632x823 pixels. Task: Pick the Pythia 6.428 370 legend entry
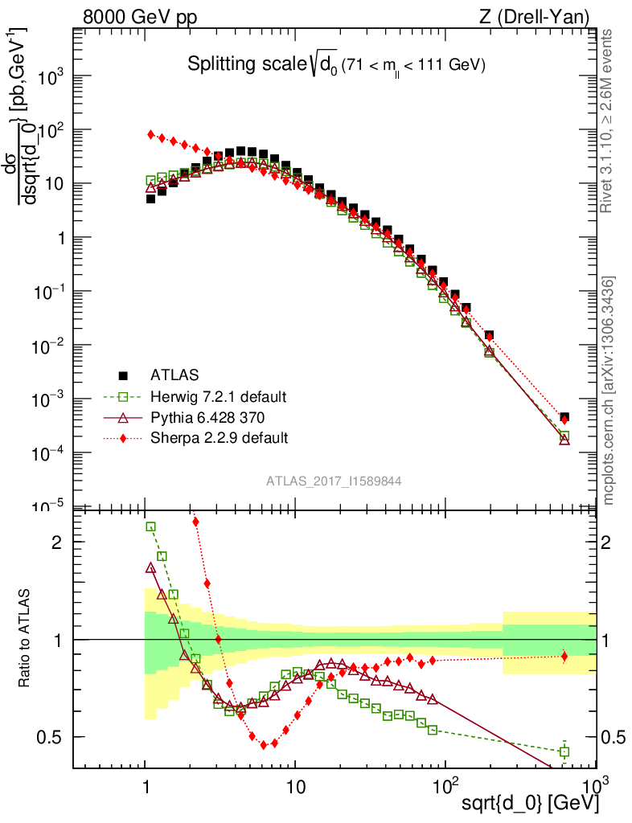tap(208, 417)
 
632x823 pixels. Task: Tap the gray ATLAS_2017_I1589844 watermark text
tap(334, 481)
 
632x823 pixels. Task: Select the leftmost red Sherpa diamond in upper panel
tap(150, 134)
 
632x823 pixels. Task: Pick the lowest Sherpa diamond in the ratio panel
tap(263, 745)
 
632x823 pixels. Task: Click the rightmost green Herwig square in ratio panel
tap(564, 752)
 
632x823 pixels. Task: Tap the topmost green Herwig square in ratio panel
tap(150, 527)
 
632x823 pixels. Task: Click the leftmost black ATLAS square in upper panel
tap(150, 199)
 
